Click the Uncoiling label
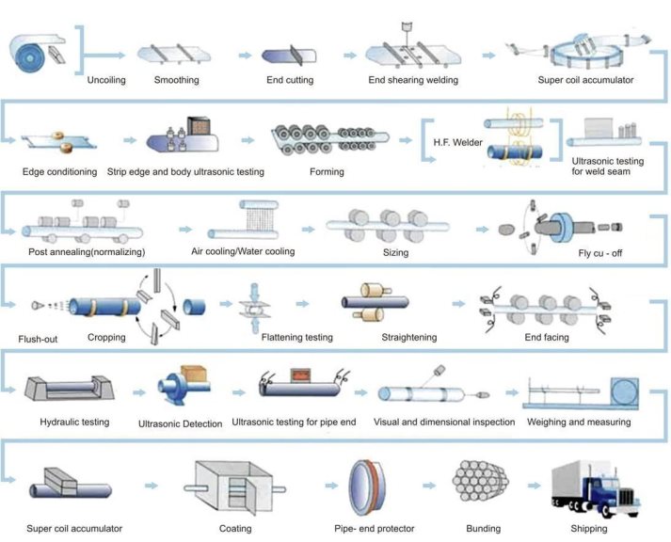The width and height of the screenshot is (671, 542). tap(106, 80)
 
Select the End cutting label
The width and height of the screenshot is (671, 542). tap(290, 80)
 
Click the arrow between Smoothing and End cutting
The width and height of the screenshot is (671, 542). tap(245, 56)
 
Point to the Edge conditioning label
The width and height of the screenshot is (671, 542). tap(59, 171)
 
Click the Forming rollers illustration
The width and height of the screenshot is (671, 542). tap(330, 138)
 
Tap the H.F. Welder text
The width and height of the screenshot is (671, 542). tap(457, 142)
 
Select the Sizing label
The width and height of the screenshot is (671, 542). tap(395, 252)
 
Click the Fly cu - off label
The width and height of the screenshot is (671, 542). tap(600, 253)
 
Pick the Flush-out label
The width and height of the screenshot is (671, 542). tap(38, 340)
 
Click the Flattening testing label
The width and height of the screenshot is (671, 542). tap(297, 337)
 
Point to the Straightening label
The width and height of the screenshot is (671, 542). tap(409, 337)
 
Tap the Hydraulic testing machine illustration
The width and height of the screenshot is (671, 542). tap(69, 388)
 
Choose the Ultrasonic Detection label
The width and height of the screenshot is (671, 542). tap(180, 424)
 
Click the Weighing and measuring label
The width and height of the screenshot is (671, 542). tap(579, 422)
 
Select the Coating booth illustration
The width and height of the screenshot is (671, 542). tap(234, 487)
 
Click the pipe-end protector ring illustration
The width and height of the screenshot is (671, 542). tap(367, 487)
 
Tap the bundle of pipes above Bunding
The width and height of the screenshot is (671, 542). tap(480, 481)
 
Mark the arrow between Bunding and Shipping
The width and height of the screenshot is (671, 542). tap(534, 486)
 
